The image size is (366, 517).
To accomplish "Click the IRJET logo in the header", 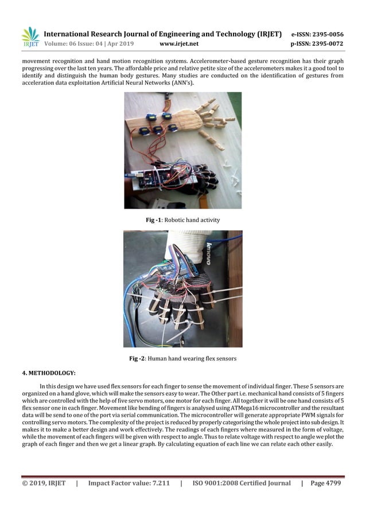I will pyautogui.click(x=30, y=37).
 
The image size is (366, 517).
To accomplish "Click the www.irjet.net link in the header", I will pyautogui.click(x=179, y=44).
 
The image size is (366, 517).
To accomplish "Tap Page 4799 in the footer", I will pyautogui.click(x=325, y=484).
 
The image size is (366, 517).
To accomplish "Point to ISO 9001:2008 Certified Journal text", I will pyautogui.click(x=241, y=484).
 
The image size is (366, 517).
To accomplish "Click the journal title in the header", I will pyautogui.click(x=162, y=34).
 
